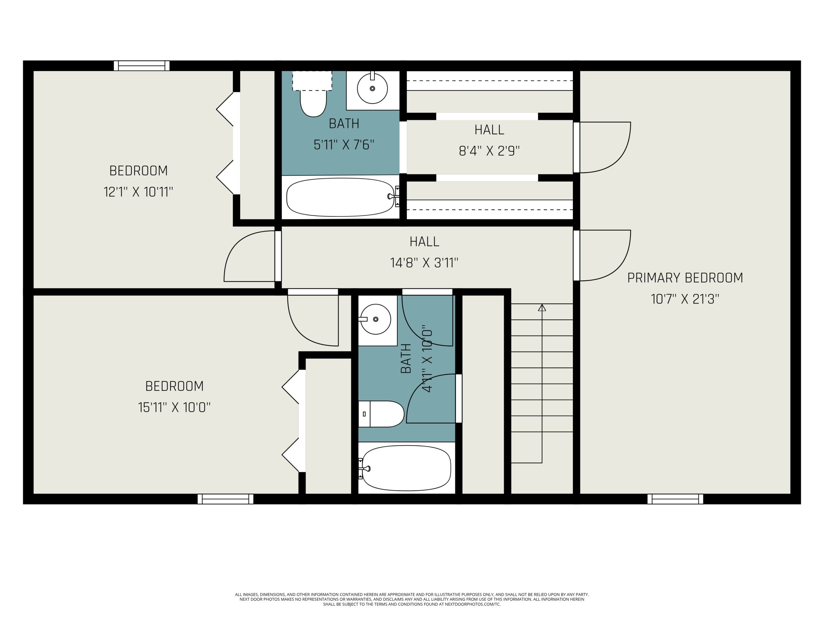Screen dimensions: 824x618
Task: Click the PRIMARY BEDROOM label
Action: click(685, 278)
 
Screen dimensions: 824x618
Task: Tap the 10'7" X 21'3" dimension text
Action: click(685, 299)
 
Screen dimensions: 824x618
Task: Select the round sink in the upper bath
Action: click(372, 89)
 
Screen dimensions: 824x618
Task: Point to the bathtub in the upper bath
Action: click(340, 197)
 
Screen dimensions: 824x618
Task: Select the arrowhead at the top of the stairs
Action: click(542, 308)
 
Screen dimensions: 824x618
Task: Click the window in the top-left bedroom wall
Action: click(142, 66)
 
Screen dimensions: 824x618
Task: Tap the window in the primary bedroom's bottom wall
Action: click(675, 499)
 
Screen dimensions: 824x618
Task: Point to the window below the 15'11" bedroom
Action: click(225, 499)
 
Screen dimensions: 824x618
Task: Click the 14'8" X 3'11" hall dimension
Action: click(424, 263)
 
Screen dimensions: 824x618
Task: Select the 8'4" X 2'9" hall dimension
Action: click(489, 151)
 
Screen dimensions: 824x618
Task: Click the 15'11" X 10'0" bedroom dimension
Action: click(174, 407)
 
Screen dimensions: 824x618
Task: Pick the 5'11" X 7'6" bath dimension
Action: click(344, 145)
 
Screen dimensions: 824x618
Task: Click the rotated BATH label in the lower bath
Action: click(406, 358)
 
